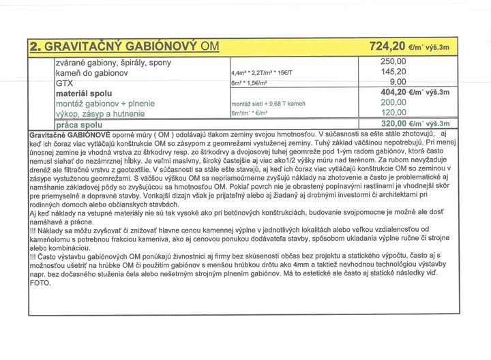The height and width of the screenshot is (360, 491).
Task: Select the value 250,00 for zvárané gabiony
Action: pos(393,61)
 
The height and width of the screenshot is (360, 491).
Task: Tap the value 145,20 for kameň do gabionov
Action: pos(393,71)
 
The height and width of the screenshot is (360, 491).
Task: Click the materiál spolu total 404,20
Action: pos(393,92)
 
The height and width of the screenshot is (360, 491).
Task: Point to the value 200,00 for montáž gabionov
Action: pos(393,102)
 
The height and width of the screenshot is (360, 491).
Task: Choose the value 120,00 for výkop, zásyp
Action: pos(393,112)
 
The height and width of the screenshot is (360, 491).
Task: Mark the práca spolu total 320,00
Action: pos(393,123)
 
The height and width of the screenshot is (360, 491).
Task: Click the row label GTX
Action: pos(64,82)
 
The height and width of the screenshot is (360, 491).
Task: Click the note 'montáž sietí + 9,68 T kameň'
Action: pos(267,104)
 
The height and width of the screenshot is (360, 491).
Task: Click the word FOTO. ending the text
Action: pos(40,282)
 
